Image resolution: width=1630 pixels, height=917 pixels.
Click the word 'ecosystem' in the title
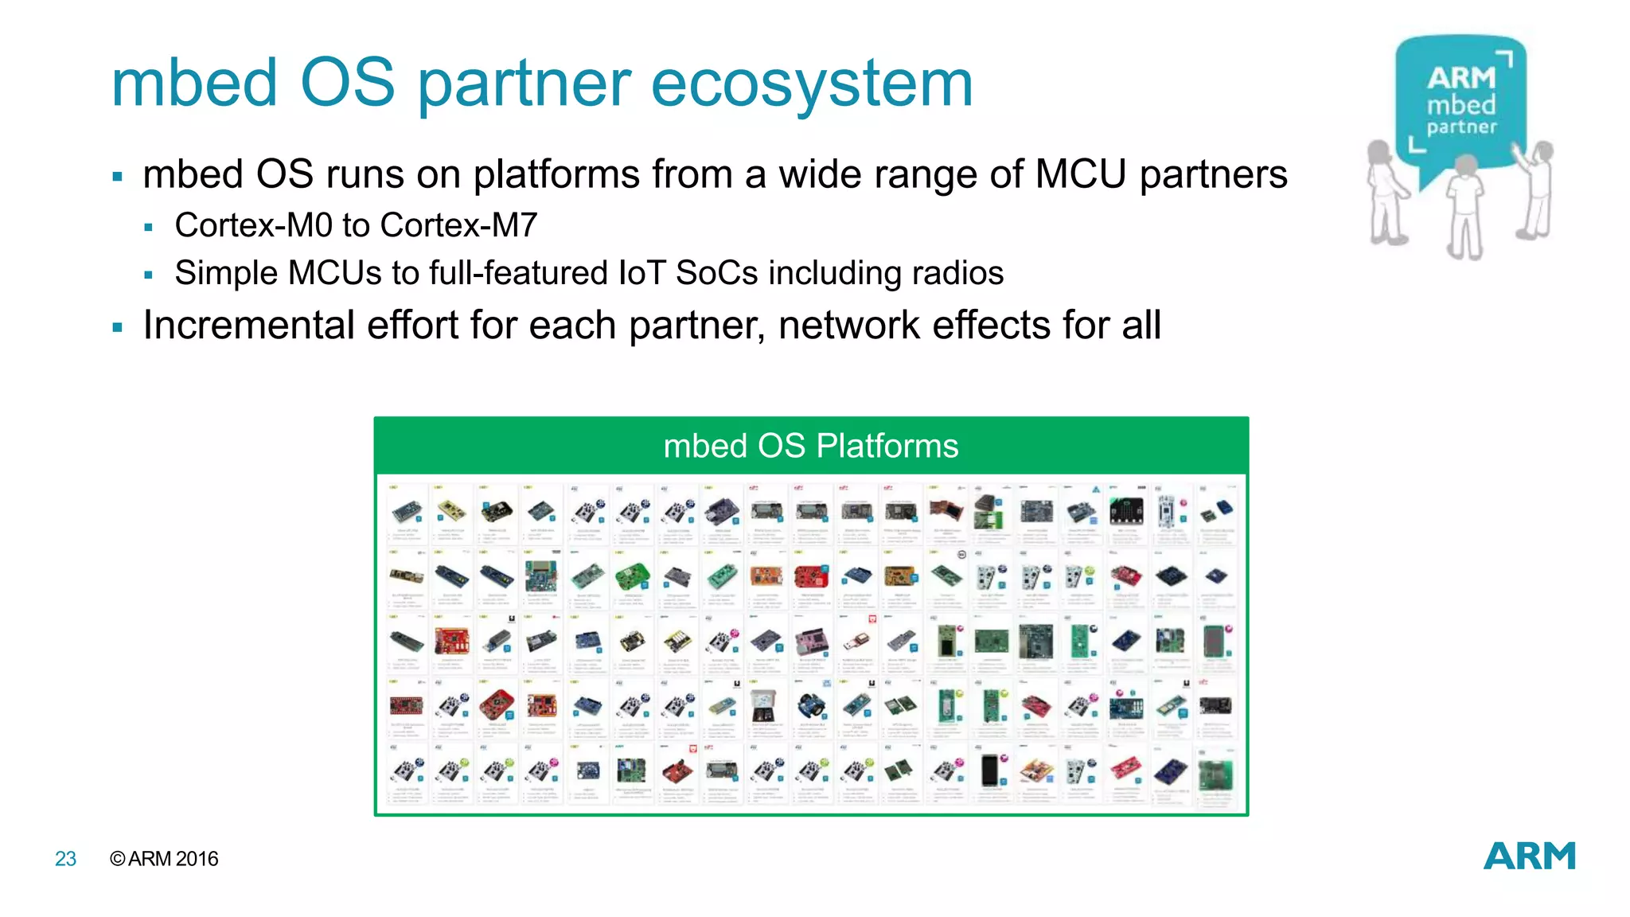(812, 84)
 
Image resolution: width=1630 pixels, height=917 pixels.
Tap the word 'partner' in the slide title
(524, 84)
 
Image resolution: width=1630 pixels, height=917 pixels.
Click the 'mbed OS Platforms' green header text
(810, 446)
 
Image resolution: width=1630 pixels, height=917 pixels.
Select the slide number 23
(65, 859)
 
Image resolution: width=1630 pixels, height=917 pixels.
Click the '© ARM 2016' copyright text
(164, 859)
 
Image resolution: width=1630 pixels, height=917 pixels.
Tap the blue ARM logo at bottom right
(1529, 857)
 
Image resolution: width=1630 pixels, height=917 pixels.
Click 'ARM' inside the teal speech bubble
(1461, 78)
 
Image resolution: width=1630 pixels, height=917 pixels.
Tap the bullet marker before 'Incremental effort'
(118, 327)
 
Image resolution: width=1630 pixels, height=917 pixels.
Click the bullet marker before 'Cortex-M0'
(148, 228)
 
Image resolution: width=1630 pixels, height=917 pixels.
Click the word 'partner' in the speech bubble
(1461, 127)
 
